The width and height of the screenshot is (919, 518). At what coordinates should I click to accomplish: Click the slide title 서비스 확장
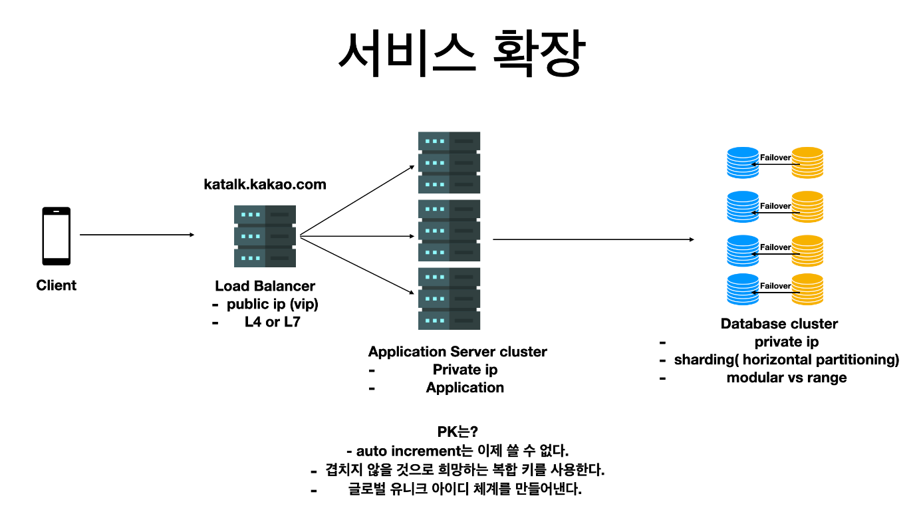click(461, 53)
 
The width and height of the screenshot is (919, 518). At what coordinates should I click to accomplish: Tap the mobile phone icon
click(57, 236)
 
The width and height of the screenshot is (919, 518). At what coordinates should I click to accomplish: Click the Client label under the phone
click(57, 285)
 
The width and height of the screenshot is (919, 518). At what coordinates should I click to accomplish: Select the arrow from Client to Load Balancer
click(137, 235)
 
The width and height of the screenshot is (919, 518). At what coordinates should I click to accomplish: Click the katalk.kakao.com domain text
click(265, 184)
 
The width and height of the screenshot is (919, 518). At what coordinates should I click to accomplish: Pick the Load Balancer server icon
click(265, 236)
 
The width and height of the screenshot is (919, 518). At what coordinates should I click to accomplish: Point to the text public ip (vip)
click(273, 304)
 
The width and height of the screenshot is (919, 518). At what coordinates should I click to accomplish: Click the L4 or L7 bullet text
click(273, 322)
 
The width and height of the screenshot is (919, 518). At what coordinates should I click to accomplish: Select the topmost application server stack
click(449, 162)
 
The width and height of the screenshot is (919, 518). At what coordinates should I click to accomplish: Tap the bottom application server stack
click(449, 299)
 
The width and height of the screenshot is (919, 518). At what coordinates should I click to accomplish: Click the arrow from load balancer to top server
click(357, 200)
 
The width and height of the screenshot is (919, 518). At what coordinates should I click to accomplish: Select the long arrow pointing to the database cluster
click(593, 239)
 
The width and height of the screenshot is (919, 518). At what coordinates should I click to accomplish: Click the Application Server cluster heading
click(458, 352)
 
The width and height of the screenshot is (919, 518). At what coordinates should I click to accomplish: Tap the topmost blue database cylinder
click(743, 162)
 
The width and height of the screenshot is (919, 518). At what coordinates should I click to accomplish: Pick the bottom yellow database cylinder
click(807, 289)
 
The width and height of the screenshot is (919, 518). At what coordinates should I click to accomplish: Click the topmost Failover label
click(775, 158)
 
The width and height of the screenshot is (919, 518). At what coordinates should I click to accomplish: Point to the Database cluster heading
click(779, 324)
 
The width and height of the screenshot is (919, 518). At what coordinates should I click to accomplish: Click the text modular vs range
click(787, 377)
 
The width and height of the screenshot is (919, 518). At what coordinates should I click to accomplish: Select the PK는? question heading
click(458, 432)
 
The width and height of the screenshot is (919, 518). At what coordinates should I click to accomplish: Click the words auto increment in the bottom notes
click(408, 451)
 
